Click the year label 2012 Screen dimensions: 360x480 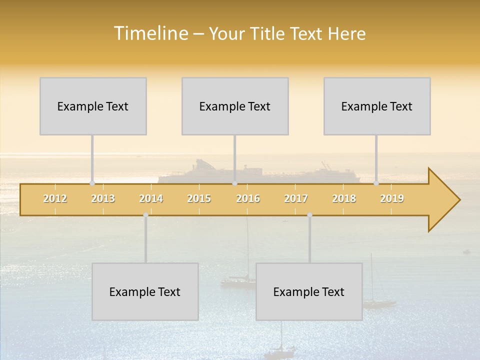55,198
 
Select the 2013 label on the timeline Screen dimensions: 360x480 103,198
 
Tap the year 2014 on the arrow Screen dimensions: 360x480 151,198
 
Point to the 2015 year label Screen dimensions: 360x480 199,198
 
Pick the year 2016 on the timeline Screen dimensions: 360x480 248,198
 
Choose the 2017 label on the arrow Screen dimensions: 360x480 296,198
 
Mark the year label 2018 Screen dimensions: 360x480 344,198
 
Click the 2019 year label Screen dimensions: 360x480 392,198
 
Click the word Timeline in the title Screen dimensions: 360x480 150,33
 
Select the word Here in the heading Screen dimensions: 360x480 347,33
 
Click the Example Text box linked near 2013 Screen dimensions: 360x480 93,106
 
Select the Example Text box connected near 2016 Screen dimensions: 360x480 235,106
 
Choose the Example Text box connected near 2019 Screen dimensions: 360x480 377,106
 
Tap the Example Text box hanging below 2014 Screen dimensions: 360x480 145,291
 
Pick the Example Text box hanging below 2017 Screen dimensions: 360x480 309,291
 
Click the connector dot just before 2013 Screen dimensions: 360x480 92,183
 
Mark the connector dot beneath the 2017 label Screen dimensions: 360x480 309,215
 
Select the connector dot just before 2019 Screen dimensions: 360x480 376,183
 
